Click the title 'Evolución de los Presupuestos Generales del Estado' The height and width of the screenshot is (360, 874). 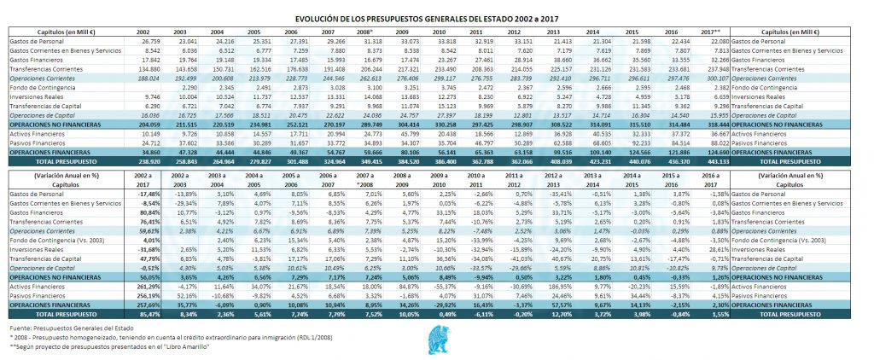pyautogui.click(x=436, y=18)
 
